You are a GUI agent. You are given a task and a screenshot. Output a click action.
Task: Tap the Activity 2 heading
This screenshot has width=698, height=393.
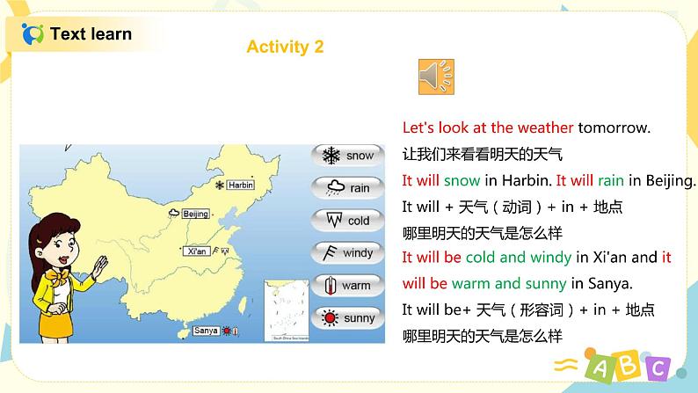pyautogui.click(x=285, y=47)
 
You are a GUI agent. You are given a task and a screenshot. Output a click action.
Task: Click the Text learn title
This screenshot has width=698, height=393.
pyautogui.click(x=91, y=34)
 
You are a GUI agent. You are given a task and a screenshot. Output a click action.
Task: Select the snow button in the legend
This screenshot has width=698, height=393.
pyautogui.click(x=347, y=156)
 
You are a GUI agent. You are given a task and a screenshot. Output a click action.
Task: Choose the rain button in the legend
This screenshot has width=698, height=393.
pyautogui.click(x=347, y=188)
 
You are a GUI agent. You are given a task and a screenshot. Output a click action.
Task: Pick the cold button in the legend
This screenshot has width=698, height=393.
pyautogui.click(x=347, y=221)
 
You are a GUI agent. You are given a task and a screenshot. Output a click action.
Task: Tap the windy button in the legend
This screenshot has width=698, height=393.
pyautogui.click(x=347, y=253)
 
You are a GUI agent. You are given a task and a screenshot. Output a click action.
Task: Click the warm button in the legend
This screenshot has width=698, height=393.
pyautogui.click(x=347, y=286)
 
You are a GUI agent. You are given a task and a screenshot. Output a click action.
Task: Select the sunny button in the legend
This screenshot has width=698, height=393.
pyautogui.click(x=347, y=318)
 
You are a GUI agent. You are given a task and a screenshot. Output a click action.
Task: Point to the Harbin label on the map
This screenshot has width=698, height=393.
pyautogui.click(x=240, y=186)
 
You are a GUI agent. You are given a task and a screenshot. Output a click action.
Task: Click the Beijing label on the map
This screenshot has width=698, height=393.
pyautogui.click(x=196, y=214)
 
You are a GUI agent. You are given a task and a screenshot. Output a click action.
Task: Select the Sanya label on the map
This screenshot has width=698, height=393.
pyautogui.click(x=206, y=331)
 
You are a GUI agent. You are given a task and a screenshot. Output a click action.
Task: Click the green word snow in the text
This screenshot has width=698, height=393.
pyautogui.click(x=462, y=181)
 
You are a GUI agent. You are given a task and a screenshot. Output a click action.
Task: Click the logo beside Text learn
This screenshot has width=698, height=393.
pyautogui.click(x=33, y=34)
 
